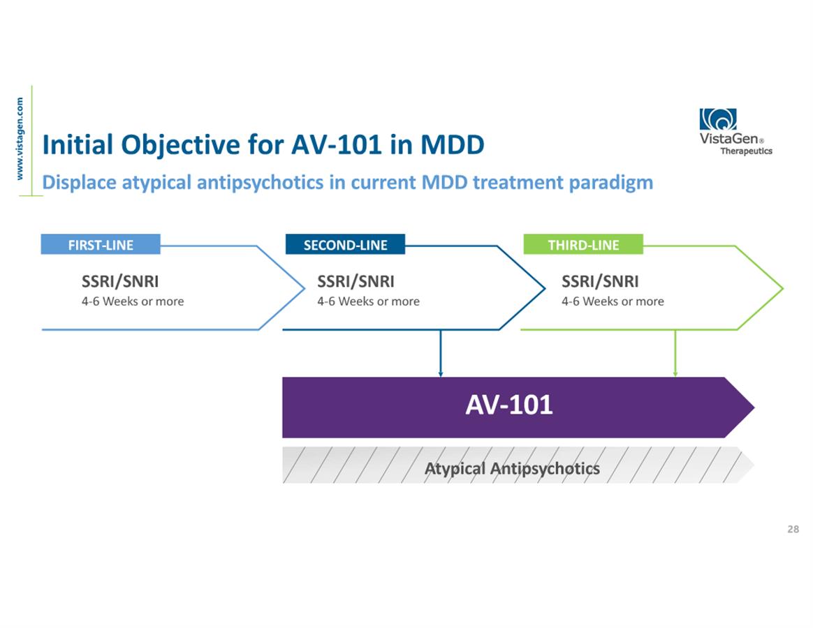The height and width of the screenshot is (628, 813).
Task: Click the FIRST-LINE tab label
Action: tap(101, 245)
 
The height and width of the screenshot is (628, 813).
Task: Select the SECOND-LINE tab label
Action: tap(345, 245)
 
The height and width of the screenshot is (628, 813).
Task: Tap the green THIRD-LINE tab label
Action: tap(583, 245)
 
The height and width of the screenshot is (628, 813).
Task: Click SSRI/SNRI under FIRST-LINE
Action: tap(120, 282)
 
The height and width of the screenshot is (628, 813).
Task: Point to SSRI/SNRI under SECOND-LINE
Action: tap(356, 282)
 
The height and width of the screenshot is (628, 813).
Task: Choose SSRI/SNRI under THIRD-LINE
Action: tap(600, 282)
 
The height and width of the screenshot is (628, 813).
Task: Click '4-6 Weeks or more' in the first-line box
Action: tap(133, 301)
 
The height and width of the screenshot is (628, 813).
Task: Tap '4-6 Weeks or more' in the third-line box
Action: tap(613, 301)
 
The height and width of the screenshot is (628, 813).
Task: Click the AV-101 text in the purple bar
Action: tap(509, 405)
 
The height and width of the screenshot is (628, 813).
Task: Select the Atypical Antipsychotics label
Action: tap(512, 468)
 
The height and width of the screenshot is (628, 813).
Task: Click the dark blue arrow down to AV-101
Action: tap(440, 353)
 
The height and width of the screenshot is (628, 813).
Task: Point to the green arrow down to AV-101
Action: tap(675, 353)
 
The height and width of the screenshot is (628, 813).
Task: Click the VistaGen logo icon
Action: tap(718, 119)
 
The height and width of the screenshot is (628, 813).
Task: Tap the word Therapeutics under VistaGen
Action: tap(746, 151)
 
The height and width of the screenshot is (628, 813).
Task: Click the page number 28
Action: tap(793, 529)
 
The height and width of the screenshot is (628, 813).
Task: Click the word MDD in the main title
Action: tap(452, 144)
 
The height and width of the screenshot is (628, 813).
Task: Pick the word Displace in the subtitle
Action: tap(79, 183)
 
